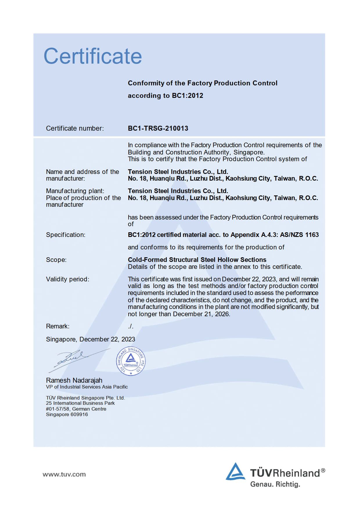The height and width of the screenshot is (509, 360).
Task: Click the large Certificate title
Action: [93, 56]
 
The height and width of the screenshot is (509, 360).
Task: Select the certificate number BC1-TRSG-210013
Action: [158, 128]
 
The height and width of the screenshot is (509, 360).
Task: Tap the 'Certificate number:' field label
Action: [75, 128]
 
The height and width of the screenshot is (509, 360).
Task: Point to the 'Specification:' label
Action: [66, 235]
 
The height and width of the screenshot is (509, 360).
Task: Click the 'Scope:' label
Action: [56, 260]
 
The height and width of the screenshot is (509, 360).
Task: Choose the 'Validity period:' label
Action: [67, 279]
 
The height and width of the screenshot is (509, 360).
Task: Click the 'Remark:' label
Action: [57, 326]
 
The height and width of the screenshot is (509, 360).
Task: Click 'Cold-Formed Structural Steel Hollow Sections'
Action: [197, 260]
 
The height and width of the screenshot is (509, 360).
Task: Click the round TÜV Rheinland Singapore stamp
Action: [131, 361]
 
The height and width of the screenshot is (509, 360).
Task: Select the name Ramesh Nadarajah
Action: [74, 380]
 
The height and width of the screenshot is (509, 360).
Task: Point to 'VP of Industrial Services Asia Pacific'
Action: [87, 387]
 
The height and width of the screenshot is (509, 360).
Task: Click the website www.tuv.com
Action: [64, 474]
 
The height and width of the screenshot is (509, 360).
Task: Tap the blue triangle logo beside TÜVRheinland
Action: [235, 471]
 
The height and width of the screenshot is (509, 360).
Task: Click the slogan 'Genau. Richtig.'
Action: [275, 484]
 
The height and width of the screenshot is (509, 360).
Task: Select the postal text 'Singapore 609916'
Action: [67, 414]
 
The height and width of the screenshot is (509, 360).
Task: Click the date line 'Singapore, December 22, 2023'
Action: [90, 339]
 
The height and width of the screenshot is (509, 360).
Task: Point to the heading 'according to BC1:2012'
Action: [165, 96]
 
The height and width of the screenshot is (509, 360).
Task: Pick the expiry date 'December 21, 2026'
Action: [201, 314]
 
